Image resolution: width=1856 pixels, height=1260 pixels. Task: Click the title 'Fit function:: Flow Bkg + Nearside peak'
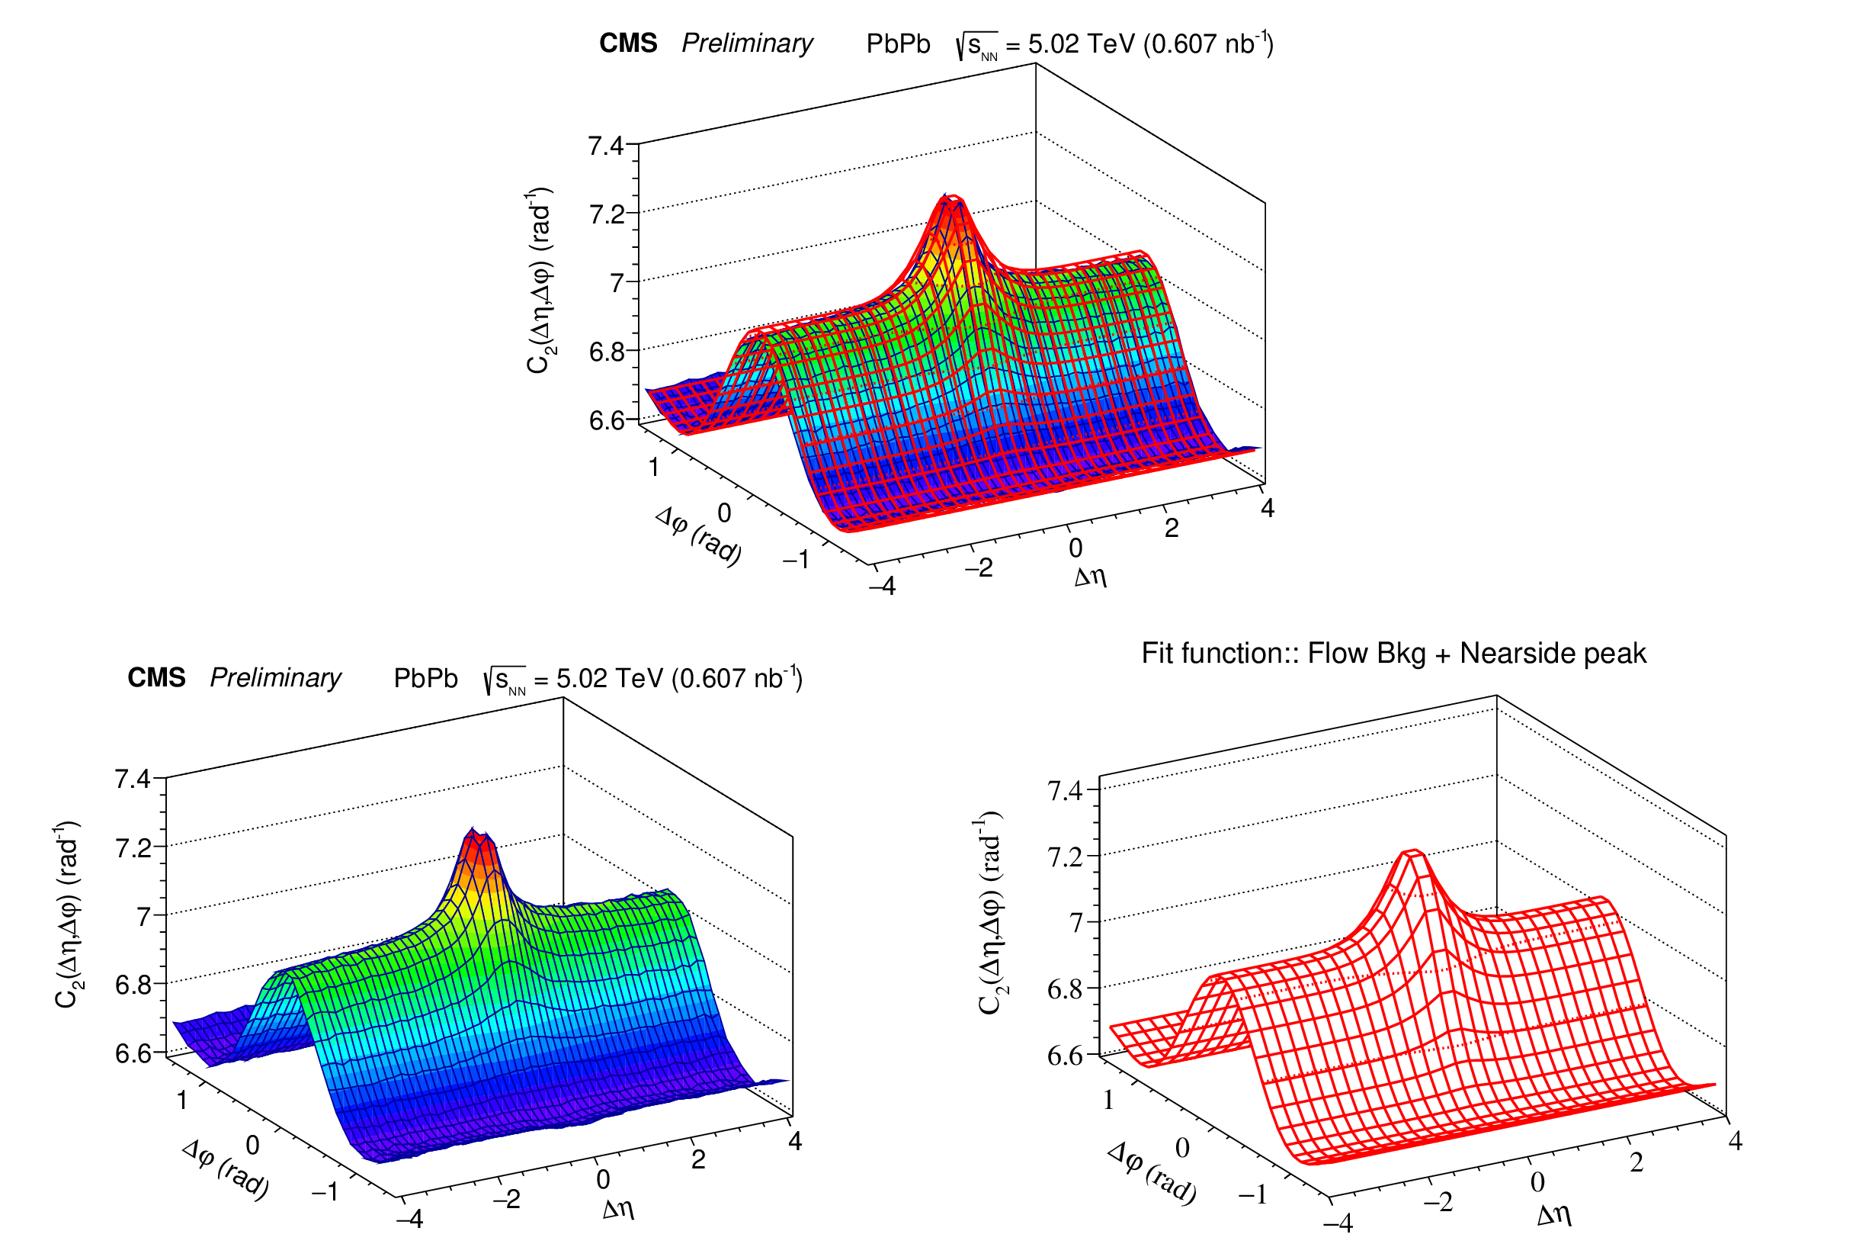1393,654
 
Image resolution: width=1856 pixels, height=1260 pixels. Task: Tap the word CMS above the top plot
629,43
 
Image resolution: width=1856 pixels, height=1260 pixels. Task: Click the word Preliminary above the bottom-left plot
275,677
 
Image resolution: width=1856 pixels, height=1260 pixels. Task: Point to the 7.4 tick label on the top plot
605,146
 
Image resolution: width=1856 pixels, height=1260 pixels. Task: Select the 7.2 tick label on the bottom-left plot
133,847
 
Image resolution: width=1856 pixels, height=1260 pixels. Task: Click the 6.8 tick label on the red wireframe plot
1065,990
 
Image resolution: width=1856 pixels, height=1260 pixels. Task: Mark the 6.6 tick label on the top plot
606,420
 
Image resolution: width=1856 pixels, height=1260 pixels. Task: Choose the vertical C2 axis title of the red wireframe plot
989,912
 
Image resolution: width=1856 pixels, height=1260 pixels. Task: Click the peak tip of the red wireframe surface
1412,853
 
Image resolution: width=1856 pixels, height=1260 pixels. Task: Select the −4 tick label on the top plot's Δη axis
883,587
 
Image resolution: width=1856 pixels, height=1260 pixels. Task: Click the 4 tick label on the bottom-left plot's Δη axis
795,1141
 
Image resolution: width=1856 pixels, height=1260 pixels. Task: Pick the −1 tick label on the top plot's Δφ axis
797,559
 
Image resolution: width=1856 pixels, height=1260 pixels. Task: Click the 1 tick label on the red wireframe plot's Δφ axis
1108,1100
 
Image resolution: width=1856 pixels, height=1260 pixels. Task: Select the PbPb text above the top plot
899,43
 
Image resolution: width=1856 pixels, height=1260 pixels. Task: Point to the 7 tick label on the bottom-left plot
144,917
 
